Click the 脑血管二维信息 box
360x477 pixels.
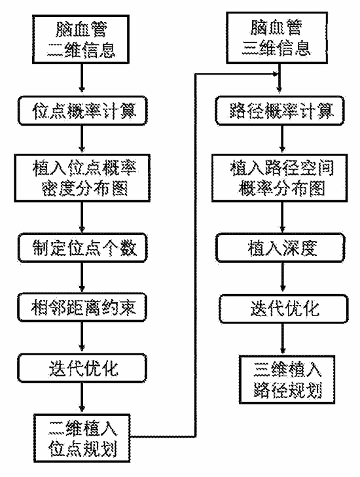pos(81,39)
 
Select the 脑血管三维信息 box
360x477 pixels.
pos(277,38)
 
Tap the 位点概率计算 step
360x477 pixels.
pos(82,111)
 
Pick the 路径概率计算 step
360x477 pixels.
pos(279,111)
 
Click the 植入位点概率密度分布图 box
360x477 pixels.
pos(82,178)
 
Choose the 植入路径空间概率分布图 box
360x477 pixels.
pos(279,178)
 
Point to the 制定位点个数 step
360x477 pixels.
pos(82,247)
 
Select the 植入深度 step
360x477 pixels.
pos(280,247)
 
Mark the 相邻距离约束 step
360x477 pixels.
pos(82,308)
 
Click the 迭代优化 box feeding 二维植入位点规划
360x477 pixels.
pos(82,368)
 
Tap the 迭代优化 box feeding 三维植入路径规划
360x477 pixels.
pos(283,308)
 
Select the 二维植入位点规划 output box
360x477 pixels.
pos(82,438)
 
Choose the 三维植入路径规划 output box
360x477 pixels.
pos(287,380)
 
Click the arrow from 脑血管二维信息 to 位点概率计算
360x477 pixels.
pos(82,78)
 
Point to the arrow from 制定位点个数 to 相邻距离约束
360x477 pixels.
pos(82,277)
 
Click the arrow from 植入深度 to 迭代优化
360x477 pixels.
pos(283,277)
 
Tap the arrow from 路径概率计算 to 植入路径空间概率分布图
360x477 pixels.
pos(282,139)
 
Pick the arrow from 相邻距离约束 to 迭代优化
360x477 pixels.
pos(82,337)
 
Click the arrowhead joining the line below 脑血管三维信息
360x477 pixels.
pos(276,74)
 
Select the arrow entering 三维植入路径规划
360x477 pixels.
pos(283,338)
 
